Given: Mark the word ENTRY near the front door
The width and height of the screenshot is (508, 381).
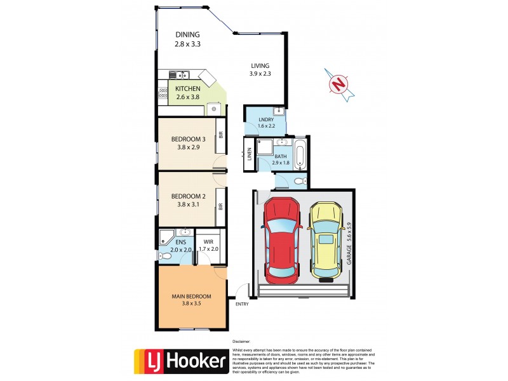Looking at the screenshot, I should point(241,304).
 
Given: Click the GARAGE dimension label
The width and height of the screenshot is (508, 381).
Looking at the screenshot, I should point(349,243).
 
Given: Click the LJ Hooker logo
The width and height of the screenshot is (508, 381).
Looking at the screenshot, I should point(180,361).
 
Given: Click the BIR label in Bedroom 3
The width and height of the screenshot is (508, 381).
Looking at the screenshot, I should point(220,134).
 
